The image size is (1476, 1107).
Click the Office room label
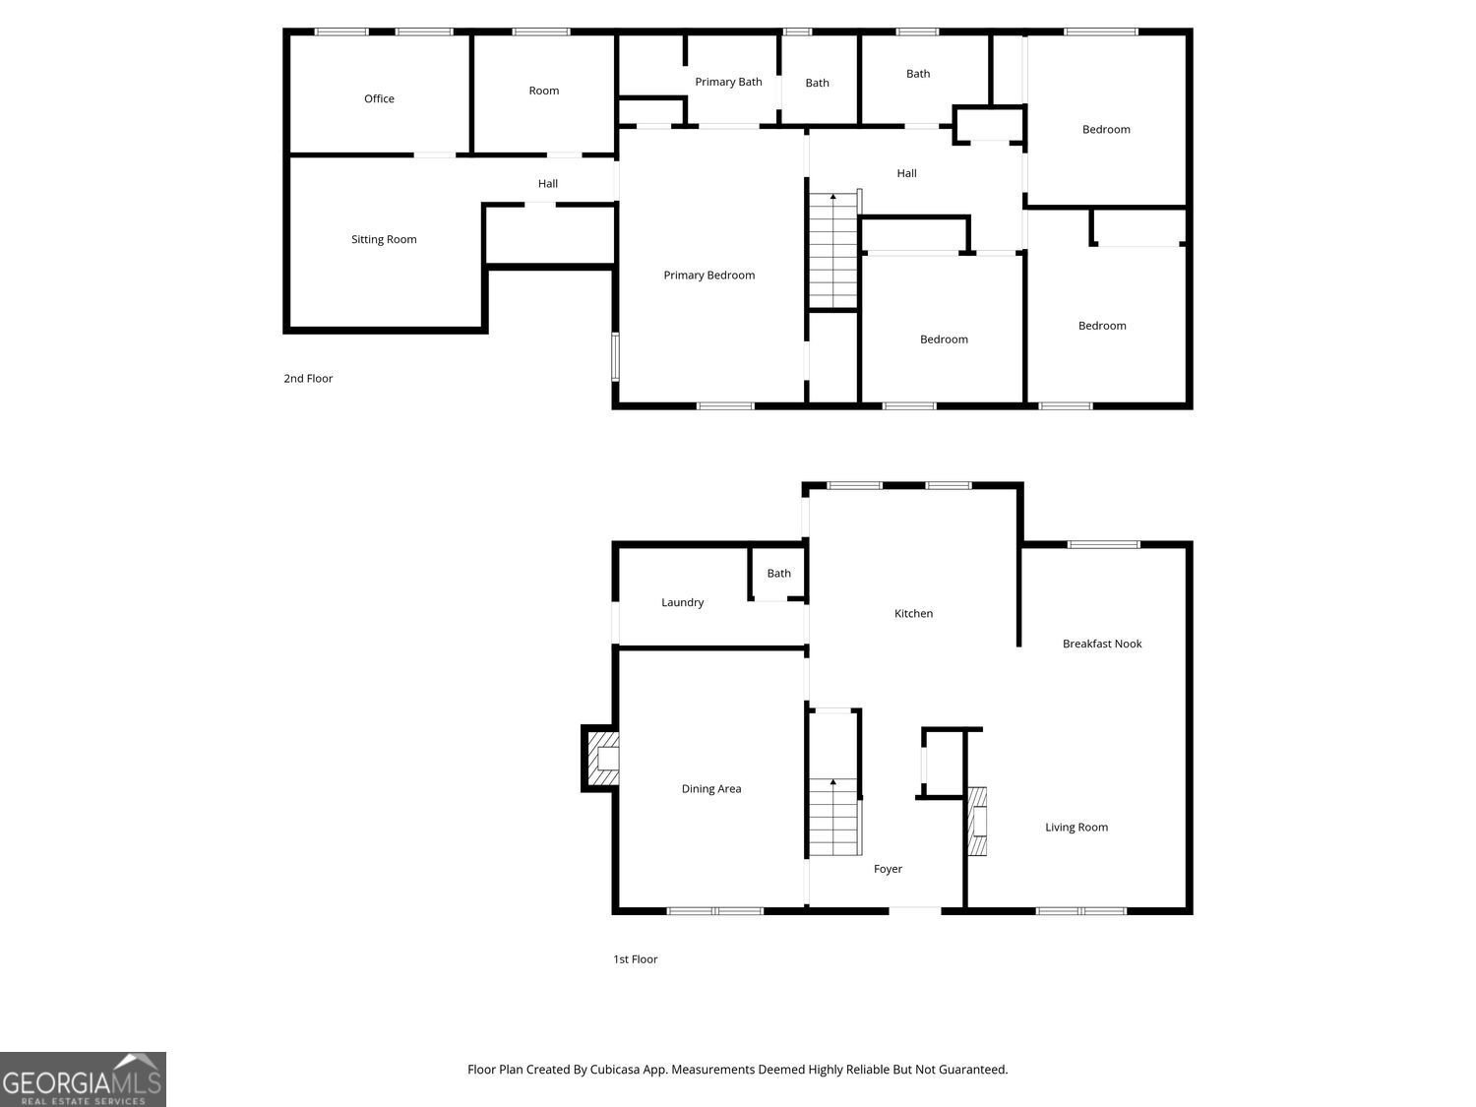(x=379, y=98)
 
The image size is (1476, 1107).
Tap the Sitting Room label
(x=384, y=239)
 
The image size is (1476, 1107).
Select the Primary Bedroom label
(x=708, y=275)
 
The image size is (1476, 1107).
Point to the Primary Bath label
(x=728, y=82)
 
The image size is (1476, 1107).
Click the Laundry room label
(x=682, y=602)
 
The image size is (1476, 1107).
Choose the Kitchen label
(x=913, y=613)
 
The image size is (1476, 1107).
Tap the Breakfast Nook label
(x=1101, y=644)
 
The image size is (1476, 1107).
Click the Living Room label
(x=1076, y=827)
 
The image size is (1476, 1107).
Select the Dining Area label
(x=710, y=788)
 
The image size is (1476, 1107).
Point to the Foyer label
(x=888, y=869)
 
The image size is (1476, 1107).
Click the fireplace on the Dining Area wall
(x=600, y=758)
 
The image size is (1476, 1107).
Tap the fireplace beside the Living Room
(x=977, y=821)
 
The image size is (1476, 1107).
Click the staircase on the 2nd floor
(x=833, y=250)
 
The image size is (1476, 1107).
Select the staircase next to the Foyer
(x=833, y=816)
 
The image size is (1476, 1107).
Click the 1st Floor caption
(x=635, y=959)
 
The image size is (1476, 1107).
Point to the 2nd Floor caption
(x=308, y=379)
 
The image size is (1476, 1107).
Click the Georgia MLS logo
(x=83, y=1079)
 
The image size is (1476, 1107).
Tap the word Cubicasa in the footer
(x=615, y=1070)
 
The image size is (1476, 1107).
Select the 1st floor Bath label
(x=778, y=574)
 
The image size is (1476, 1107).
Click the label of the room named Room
(x=543, y=91)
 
